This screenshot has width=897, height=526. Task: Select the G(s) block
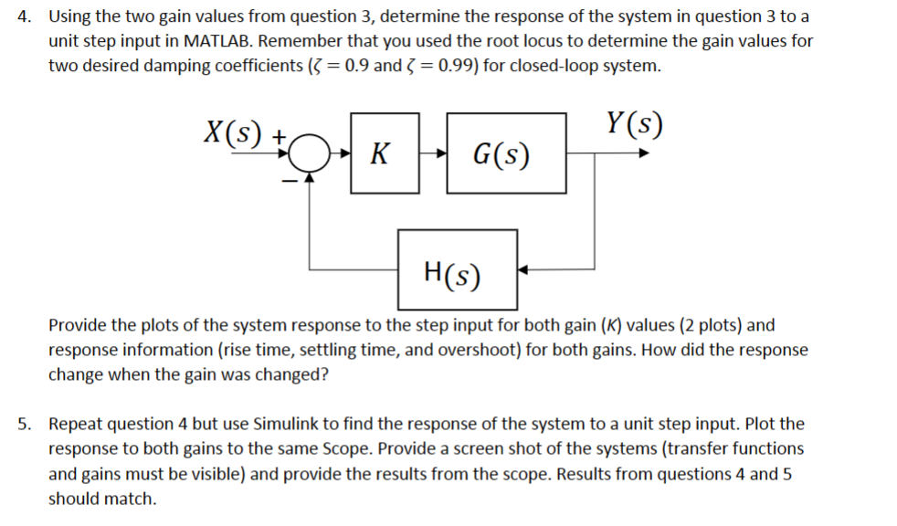click(504, 153)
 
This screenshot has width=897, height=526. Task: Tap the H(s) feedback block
click(456, 269)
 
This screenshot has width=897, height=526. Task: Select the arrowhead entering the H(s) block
click(524, 270)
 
